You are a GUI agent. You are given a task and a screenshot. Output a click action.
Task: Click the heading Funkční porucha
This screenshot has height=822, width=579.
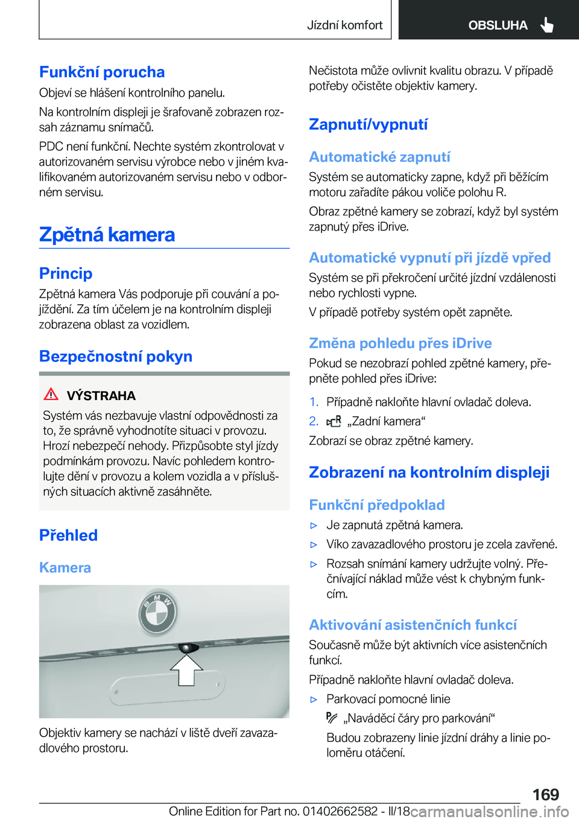(x=102, y=72)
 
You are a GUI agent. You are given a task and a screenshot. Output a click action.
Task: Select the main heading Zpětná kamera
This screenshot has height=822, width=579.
(x=107, y=234)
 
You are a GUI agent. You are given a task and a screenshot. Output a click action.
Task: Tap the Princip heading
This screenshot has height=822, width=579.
(x=66, y=273)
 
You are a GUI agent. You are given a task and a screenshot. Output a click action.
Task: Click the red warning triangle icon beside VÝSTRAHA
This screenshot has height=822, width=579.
(x=51, y=395)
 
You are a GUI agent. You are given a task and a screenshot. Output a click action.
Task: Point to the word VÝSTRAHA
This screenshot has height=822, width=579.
(x=101, y=396)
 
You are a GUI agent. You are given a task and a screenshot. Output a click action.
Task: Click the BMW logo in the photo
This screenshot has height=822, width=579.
(x=157, y=613)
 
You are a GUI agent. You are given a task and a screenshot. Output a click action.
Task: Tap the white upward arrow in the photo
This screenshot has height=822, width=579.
(x=186, y=670)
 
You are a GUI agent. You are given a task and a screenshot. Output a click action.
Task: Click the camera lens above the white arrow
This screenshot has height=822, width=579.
(x=188, y=648)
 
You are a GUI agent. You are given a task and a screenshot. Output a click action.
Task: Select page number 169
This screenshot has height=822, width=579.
(x=545, y=794)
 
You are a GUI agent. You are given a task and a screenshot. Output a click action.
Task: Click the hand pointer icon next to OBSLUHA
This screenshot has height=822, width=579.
(x=547, y=25)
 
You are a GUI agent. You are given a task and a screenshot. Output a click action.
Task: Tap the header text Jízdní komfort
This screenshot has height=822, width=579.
(x=344, y=25)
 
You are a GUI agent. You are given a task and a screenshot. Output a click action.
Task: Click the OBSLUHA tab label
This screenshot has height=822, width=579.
(x=498, y=25)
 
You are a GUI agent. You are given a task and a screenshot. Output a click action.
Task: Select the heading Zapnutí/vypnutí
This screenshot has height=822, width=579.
(x=368, y=124)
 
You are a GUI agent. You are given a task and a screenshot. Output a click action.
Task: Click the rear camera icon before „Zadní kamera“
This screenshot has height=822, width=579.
(x=334, y=421)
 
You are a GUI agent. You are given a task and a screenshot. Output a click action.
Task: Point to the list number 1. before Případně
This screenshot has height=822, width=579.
(x=314, y=402)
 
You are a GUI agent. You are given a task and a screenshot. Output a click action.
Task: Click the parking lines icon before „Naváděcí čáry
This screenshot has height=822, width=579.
(x=332, y=718)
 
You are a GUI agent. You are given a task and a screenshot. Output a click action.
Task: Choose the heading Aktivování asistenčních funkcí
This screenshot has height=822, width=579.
(x=413, y=625)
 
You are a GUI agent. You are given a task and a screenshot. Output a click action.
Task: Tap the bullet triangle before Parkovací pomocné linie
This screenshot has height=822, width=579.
(x=314, y=699)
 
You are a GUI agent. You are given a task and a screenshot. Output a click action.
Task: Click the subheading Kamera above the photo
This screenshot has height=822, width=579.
(x=65, y=568)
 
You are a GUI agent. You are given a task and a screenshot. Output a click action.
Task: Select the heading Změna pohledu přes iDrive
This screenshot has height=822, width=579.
(x=400, y=343)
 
